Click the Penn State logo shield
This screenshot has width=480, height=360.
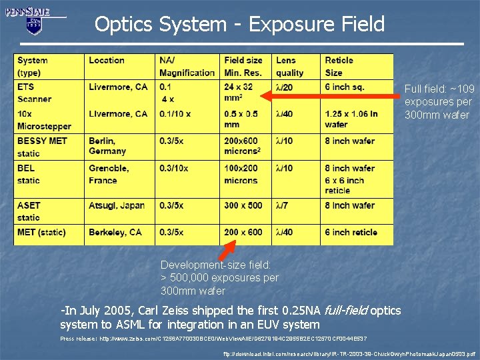pos(34,25)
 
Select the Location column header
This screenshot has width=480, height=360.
pos(107,61)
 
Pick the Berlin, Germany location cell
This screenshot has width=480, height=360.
pos(107,146)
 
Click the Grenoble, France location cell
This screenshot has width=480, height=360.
pos(108,174)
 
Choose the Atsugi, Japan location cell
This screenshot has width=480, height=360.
pos(117,205)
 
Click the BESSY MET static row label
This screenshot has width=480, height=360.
pos(42,147)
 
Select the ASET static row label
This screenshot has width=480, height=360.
pos(29,211)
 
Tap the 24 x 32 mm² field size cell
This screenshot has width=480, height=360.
pos(239,93)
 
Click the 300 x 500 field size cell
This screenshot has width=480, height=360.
pos(243,205)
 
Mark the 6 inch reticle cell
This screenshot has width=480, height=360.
pos(351,233)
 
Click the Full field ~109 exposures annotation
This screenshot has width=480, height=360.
pos(439,102)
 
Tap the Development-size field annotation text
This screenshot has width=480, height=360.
pos(219,277)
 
